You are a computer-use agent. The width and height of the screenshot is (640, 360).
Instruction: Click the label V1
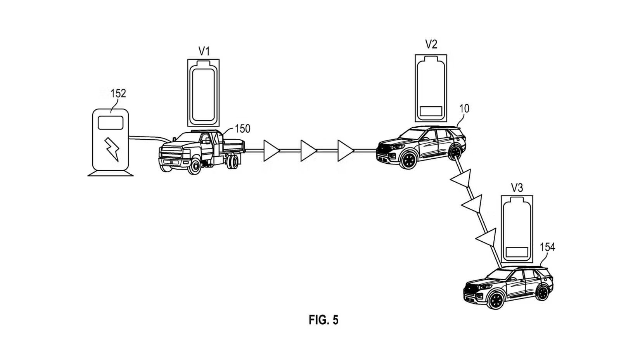[x=204, y=51]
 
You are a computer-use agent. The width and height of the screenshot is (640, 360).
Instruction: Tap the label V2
[x=431, y=45]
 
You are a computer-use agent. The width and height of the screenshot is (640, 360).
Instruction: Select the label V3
[x=517, y=188]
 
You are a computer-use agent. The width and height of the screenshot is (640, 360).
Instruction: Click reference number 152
[x=118, y=93]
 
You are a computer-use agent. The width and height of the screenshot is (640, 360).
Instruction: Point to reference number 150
[x=243, y=128]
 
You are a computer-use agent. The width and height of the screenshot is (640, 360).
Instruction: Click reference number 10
[x=464, y=109]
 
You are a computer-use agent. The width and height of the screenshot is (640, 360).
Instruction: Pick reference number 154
[x=547, y=247]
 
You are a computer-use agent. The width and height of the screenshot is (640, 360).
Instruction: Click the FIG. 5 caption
[x=323, y=320]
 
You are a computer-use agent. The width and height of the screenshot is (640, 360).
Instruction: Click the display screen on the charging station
[x=111, y=123]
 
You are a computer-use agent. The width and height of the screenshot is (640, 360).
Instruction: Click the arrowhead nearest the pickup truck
[x=271, y=151]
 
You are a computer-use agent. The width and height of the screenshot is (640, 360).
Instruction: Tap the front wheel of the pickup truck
[x=195, y=166]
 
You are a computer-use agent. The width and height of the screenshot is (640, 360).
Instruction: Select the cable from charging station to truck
[x=149, y=137]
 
